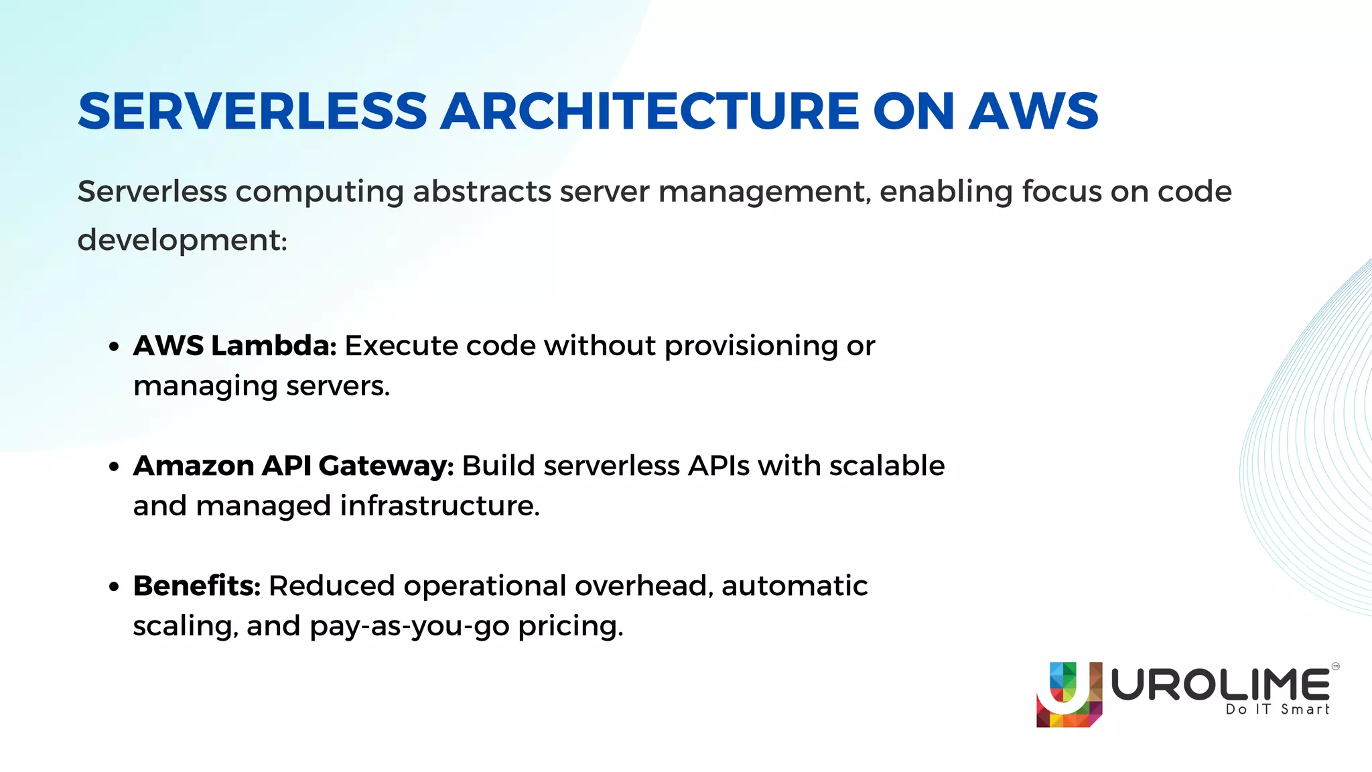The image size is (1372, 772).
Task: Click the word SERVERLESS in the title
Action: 253,111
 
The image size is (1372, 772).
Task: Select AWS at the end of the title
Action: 1034,111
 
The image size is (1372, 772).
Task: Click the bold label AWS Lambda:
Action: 234,346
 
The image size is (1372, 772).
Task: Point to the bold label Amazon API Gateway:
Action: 293,466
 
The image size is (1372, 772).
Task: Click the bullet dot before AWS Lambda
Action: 114,347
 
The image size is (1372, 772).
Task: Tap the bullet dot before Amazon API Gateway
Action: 114,467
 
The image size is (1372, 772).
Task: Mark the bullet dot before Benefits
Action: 114,587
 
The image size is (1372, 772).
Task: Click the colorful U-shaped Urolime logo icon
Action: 1069,694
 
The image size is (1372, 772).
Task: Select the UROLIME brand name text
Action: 1221,685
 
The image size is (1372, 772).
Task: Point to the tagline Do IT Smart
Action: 1277,710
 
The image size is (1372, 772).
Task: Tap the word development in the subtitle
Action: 179,240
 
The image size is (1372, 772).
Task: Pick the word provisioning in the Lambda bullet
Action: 751,346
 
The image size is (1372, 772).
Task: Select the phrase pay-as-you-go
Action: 410,627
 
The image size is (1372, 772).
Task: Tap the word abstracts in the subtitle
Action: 482,192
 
